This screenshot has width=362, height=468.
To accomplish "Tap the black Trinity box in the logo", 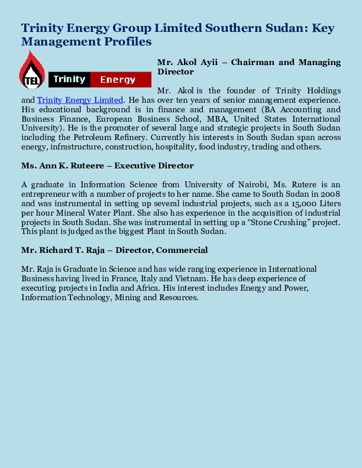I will (x=69, y=79).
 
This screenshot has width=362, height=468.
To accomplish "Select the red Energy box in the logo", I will (x=118, y=79).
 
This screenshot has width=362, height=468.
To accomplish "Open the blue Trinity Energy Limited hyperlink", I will (x=80, y=100).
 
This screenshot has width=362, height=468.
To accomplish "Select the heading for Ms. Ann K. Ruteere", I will (x=107, y=165).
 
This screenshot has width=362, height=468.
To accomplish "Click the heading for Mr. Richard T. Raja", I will (x=114, y=250).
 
